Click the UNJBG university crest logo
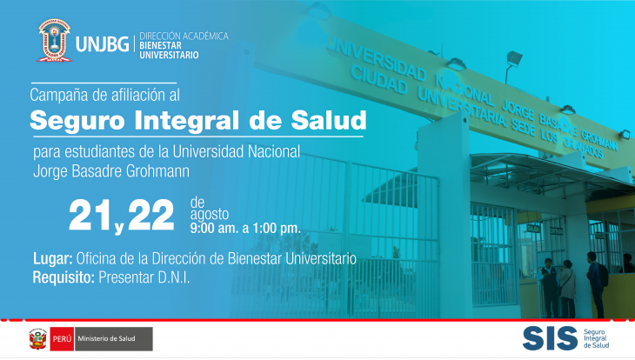coord(54,41)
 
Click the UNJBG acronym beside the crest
coord(102,43)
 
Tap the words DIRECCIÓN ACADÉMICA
coord(184,36)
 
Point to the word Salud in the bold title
coord(329,120)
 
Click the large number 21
coord(90,215)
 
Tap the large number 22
coord(150,215)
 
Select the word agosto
coord(210,214)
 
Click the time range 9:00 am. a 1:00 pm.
coord(245,228)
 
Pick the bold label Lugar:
coord(53,259)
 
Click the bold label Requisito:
coord(63,277)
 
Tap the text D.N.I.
coord(174,277)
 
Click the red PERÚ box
coord(62,339)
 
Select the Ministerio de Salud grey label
coord(113,339)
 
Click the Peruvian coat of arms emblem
coord(38,339)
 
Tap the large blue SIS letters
coord(550,338)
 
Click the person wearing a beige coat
coord(568,289)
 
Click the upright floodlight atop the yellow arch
coord(512,65)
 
